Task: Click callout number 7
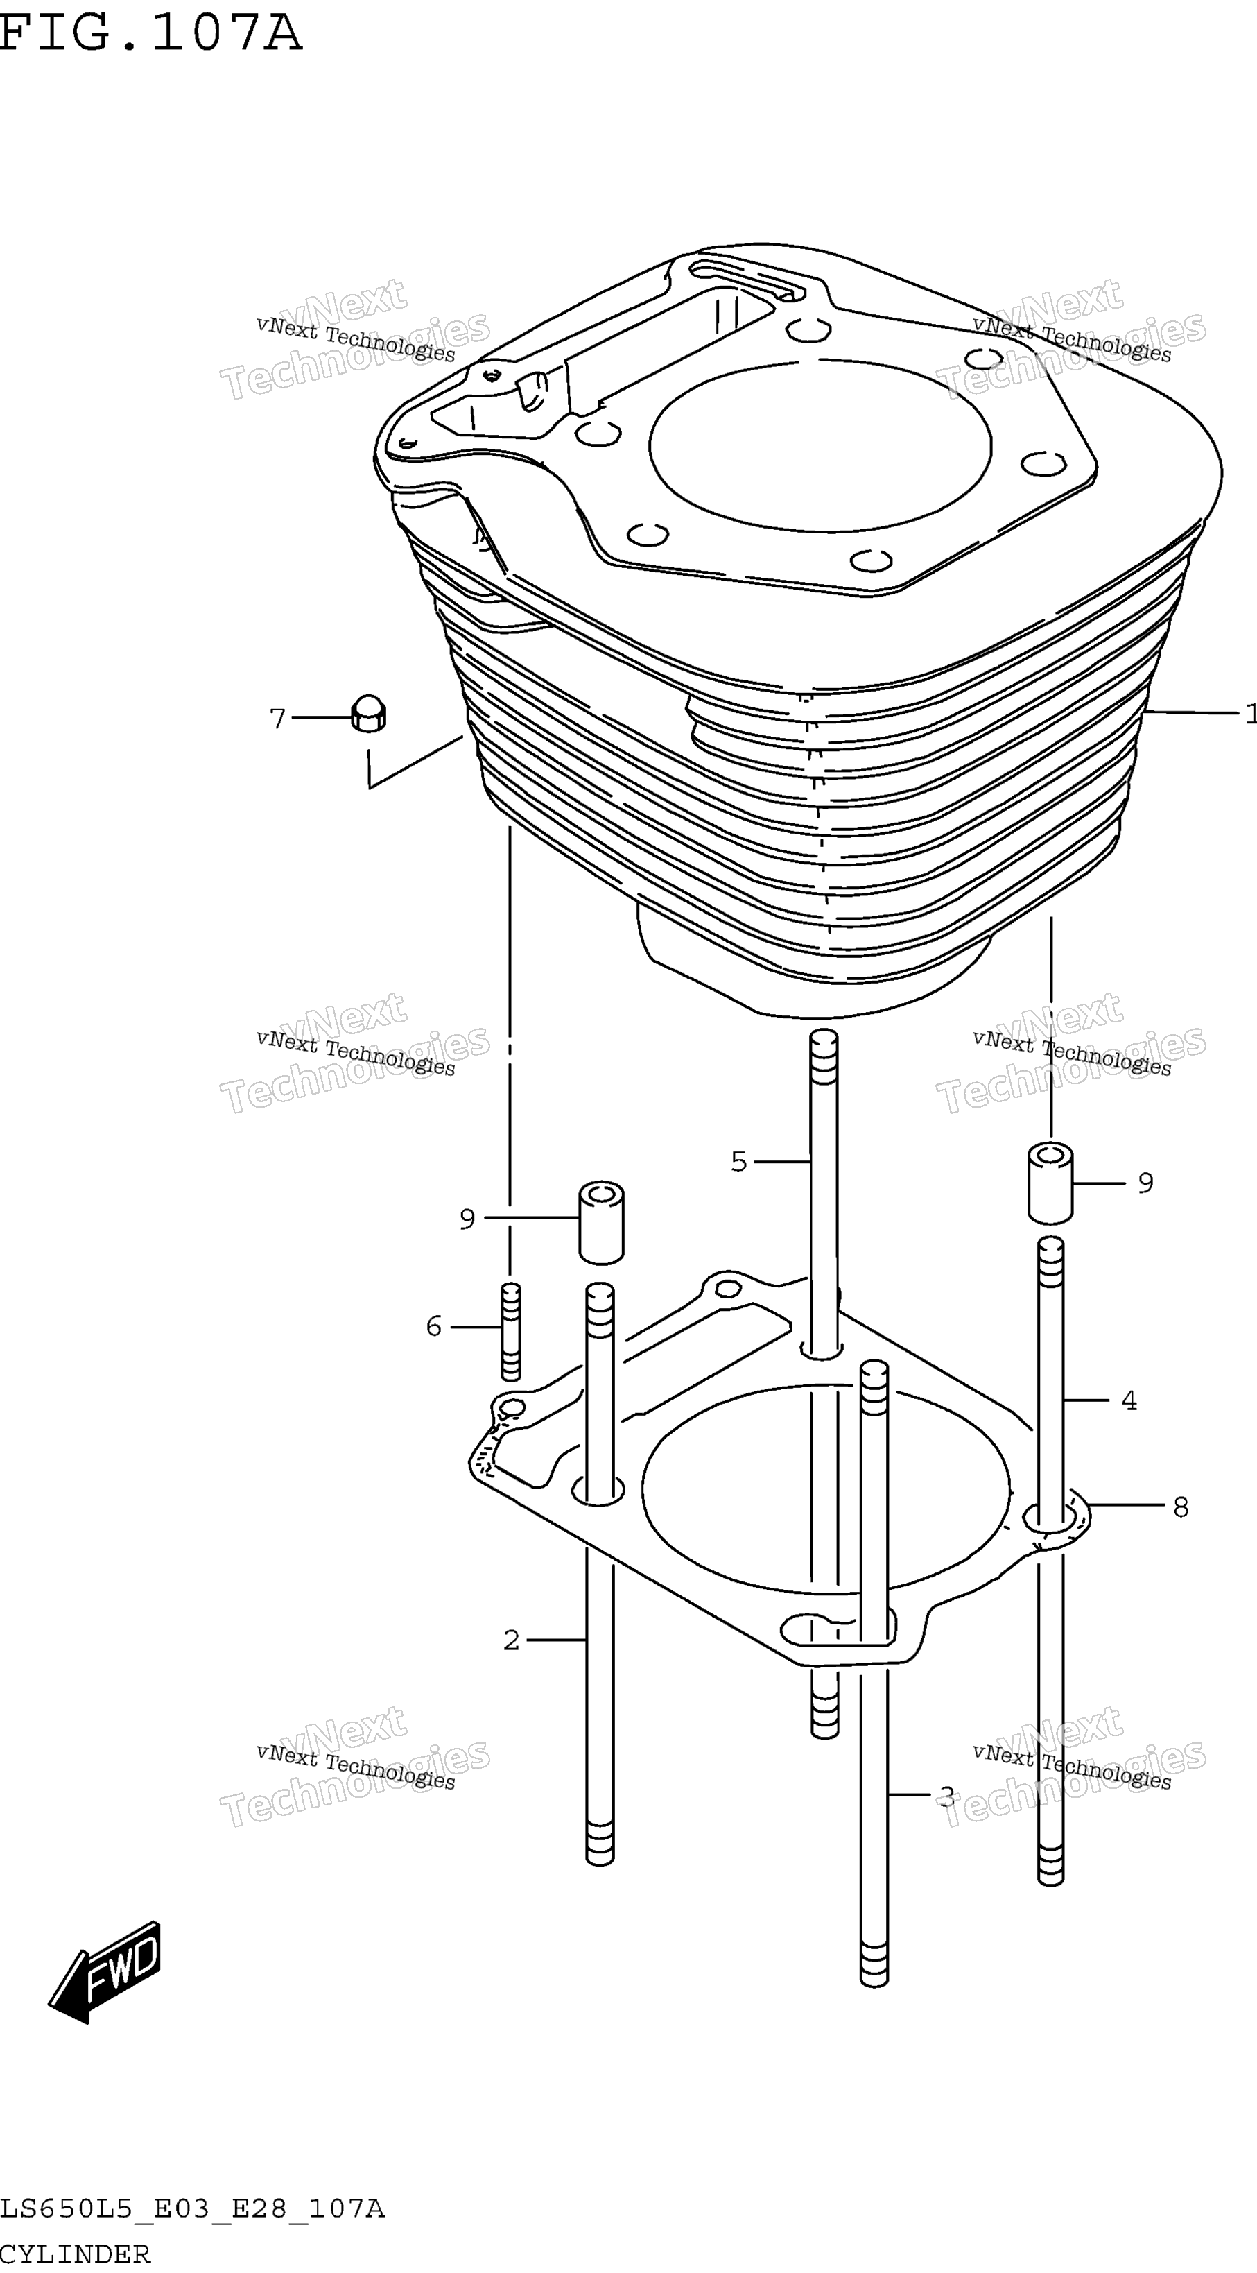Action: click(278, 719)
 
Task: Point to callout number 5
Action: click(739, 1161)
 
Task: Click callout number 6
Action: click(433, 1326)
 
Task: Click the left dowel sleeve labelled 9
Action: click(600, 1222)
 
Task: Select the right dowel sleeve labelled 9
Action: click(1050, 1183)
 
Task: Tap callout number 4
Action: click(1129, 1400)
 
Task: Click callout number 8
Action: click(1181, 1507)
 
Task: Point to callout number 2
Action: click(512, 1640)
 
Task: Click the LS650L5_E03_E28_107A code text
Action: click(192, 2209)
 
